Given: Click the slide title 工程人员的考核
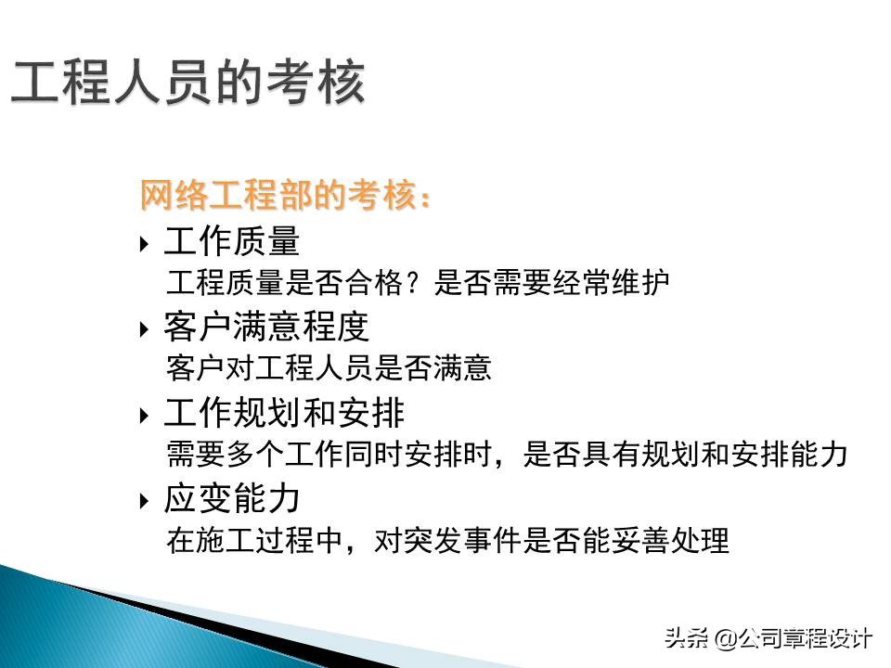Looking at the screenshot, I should pos(187,83).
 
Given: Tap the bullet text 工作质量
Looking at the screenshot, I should pos(232,242).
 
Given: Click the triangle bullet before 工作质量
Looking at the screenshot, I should pos(144,245).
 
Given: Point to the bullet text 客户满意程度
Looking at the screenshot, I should pos(266,327).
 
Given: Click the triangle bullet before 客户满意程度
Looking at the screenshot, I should pos(144,329).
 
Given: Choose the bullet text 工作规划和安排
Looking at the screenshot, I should pos(284,412).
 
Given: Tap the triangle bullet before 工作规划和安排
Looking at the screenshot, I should pos(144,415).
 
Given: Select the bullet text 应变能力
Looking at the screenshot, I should pos(232,498).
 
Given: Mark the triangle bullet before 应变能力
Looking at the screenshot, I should pos(144,501).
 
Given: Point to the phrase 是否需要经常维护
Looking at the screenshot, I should pos(551,283).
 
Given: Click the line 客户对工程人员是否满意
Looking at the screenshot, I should pos(329,368).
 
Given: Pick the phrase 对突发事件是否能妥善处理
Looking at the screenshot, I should pos(551,540).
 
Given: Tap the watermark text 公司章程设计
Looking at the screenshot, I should pos(806,638).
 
